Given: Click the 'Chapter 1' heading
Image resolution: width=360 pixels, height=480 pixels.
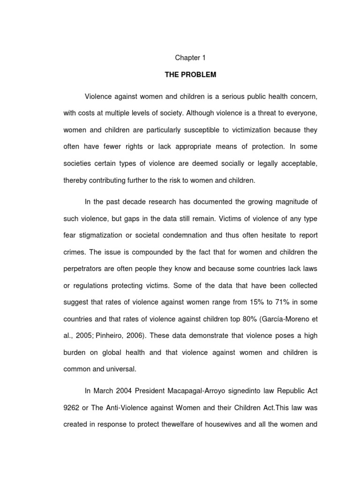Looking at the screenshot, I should coord(190,58).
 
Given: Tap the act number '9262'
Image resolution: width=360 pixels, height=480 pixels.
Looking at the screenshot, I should coord(72,407).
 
